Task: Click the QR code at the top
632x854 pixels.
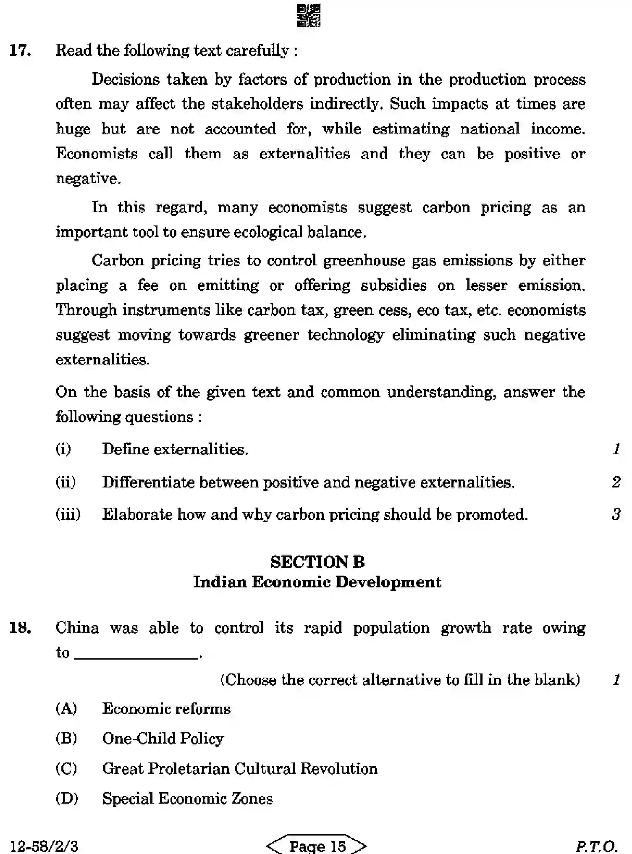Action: click(x=309, y=16)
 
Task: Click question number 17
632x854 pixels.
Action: click(x=20, y=50)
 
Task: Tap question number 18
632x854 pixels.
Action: click(x=20, y=628)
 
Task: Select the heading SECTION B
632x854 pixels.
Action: click(x=317, y=562)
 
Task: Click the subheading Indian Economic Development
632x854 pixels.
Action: click(x=317, y=582)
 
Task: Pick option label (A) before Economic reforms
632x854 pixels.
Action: click(x=66, y=709)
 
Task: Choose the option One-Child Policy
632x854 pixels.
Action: click(x=163, y=739)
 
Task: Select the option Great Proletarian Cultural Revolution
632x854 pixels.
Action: click(x=240, y=769)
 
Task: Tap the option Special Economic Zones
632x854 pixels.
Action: click(x=188, y=799)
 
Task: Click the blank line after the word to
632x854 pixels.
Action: click(x=136, y=654)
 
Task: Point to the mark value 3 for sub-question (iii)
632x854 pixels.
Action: click(x=616, y=514)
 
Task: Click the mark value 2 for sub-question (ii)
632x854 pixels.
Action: click(x=616, y=482)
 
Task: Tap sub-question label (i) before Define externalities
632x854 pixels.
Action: click(x=63, y=449)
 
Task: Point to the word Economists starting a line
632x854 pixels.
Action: click(x=97, y=154)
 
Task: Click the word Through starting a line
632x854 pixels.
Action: click(x=86, y=310)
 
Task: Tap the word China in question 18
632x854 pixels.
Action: click(x=77, y=628)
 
